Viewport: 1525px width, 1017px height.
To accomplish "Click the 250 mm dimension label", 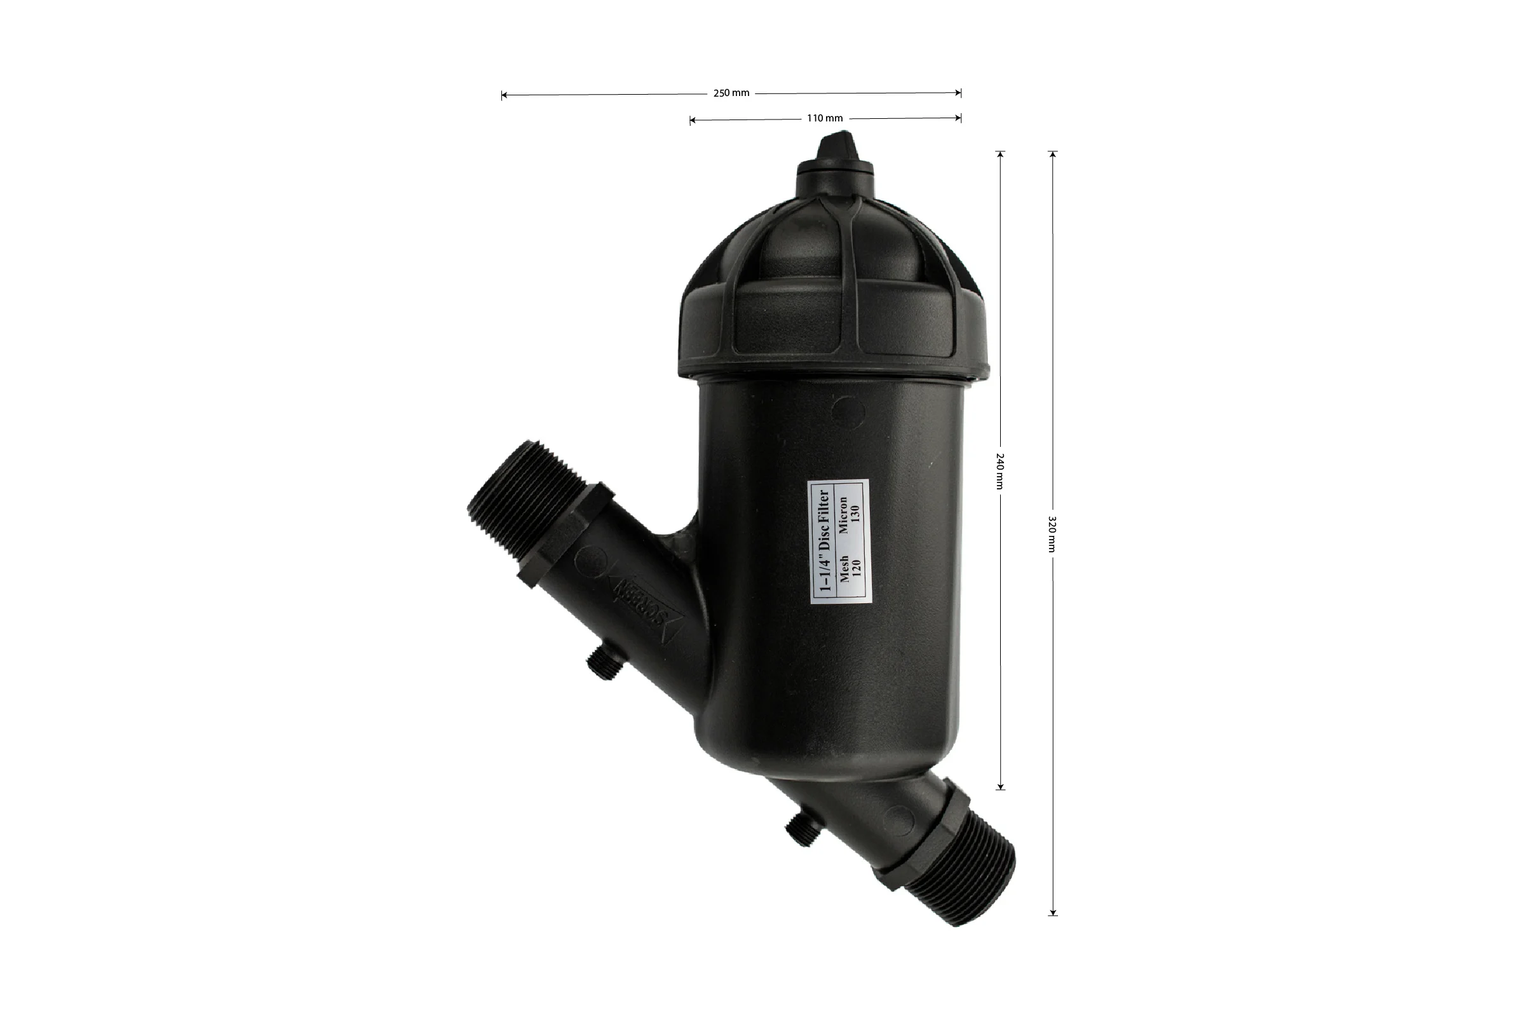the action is pos(731,93).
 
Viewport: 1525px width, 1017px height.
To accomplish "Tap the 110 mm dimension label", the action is pos(825,118).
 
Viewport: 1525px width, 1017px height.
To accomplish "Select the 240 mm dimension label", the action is pos(1000,471).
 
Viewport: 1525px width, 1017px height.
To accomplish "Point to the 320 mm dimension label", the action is pos(1052,534).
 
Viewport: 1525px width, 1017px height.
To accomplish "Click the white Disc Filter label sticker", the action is pos(839,541).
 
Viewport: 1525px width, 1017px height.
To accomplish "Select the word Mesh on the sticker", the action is pos(844,569).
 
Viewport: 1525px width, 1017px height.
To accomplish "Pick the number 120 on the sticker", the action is pos(855,570).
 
